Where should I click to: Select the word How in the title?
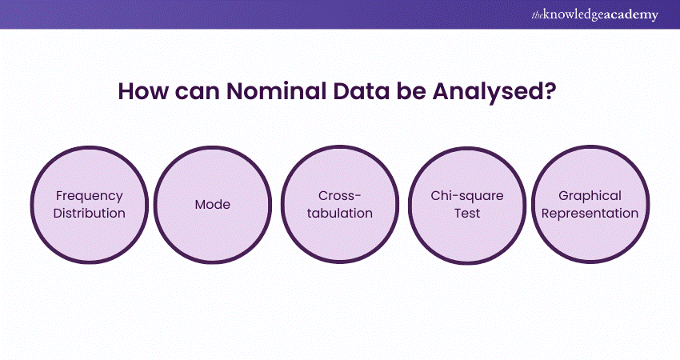(x=142, y=91)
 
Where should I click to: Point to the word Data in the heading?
(x=362, y=91)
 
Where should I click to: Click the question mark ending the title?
(x=550, y=91)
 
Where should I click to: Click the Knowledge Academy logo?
(x=594, y=14)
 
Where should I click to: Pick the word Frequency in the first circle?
(x=90, y=197)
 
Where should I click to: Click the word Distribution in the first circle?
(x=90, y=213)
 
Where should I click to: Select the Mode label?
(x=213, y=204)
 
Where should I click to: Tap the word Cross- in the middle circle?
(x=339, y=196)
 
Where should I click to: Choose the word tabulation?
(x=339, y=213)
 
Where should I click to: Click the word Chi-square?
(x=467, y=197)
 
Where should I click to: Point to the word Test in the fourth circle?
(x=467, y=213)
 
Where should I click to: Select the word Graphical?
(x=590, y=197)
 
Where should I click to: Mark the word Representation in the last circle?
(x=590, y=214)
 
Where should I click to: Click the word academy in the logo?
(x=630, y=15)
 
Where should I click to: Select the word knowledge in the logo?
(x=573, y=15)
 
